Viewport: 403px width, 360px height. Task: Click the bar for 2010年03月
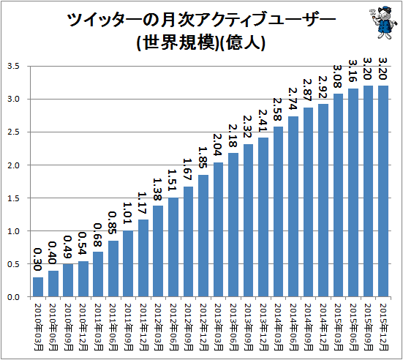tap(38, 287)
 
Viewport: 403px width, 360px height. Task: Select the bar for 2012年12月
tap(203, 236)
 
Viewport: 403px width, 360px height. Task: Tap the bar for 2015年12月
tap(383, 191)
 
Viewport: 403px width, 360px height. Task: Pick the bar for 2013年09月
tap(248, 220)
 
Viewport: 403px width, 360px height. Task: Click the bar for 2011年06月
tap(113, 269)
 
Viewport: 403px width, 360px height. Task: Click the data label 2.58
tap(278, 109)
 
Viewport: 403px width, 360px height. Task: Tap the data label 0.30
tap(37, 259)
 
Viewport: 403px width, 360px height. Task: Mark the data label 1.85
tap(203, 157)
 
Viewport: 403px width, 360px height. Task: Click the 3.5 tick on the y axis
tap(13, 67)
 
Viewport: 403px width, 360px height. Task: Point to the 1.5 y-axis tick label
tap(13, 198)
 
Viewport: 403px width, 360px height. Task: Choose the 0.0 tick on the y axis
tap(13, 297)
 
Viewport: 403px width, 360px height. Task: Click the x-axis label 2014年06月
tap(293, 326)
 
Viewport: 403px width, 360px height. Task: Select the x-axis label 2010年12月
tap(83, 326)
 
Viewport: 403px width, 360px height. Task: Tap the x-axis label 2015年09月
tap(369, 326)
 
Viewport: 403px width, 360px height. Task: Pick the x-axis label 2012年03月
tap(158, 326)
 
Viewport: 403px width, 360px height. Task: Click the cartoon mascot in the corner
tap(382, 22)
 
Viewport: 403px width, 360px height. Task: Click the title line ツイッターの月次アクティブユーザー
tap(201, 20)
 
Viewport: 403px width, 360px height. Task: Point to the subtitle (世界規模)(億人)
tap(200, 42)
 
